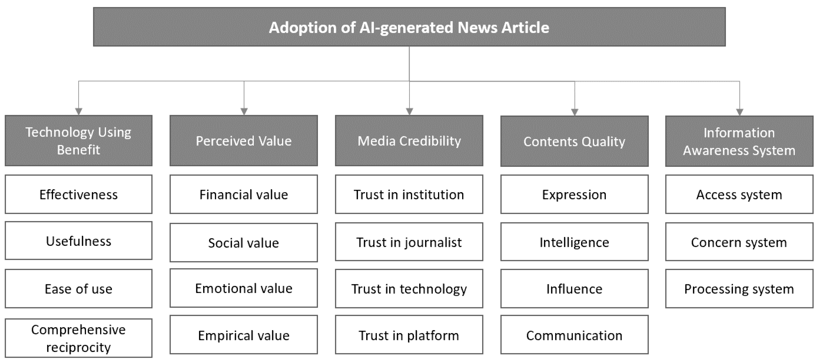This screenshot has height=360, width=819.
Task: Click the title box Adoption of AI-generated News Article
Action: (x=409, y=27)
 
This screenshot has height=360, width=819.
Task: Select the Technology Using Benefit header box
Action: (x=78, y=141)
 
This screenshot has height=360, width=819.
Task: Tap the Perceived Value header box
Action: (x=244, y=141)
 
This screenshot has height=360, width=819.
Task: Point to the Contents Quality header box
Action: (x=574, y=141)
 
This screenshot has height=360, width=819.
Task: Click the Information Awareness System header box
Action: (x=739, y=141)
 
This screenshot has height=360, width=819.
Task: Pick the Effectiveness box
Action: (x=78, y=194)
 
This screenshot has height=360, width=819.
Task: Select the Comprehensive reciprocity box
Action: (x=78, y=338)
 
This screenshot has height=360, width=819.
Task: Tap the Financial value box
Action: (x=244, y=194)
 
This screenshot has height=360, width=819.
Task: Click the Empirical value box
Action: (x=244, y=335)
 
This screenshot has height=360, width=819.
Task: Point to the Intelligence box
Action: (x=574, y=242)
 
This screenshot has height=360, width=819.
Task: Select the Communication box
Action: (x=574, y=335)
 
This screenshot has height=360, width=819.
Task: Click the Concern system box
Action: (x=739, y=242)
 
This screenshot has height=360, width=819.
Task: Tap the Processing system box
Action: (x=739, y=289)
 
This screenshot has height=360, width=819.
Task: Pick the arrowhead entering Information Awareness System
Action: (x=740, y=112)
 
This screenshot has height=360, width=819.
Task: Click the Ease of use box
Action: (x=78, y=289)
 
